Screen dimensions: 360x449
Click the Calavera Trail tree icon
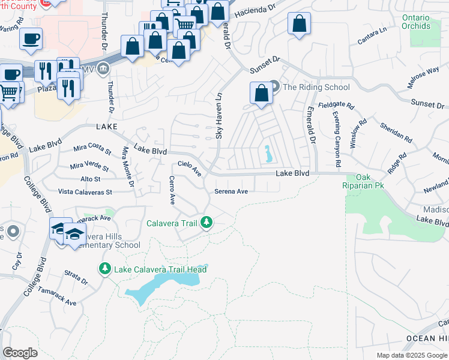pyautogui.click(x=207, y=223)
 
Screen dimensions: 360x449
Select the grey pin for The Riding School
pyautogui.click(x=274, y=87)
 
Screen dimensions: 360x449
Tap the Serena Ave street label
pyautogui.click(x=231, y=191)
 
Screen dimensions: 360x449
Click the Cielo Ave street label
pyautogui.click(x=189, y=167)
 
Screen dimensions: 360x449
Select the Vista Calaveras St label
pyautogui.click(x=85, y=192)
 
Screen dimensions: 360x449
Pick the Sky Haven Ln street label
pyautogui.click(x=219, y=116)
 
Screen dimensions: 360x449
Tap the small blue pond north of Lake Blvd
pyautogui.click(x=267, y=154)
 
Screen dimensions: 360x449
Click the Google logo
pyautogui.click(x=20, y=353)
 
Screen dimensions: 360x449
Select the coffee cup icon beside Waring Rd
pyautogui.click(x=31, y=39)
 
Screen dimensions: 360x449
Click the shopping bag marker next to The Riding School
pyautogui.click(x=261, y=94)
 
